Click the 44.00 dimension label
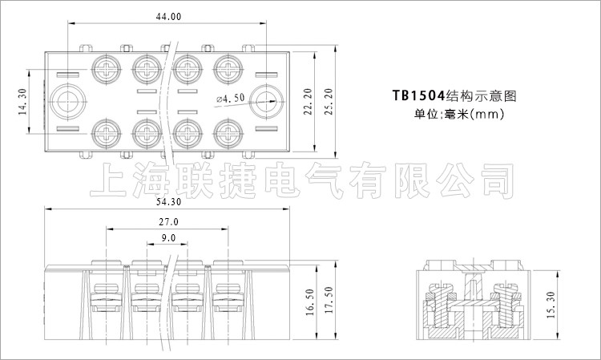(168, 17)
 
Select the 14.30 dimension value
(22, 102)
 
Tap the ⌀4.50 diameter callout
(230, 99)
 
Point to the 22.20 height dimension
(308, 102)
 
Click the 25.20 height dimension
(329, 102)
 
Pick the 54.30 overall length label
(168, 202)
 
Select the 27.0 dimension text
(168, 222)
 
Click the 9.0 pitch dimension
(168, 238)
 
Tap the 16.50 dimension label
(310, 302)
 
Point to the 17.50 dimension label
(329, 300)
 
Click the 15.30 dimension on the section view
(551, 305)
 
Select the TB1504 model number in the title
(418, 95)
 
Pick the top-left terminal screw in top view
(106, 69)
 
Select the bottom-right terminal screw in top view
(228, 134)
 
